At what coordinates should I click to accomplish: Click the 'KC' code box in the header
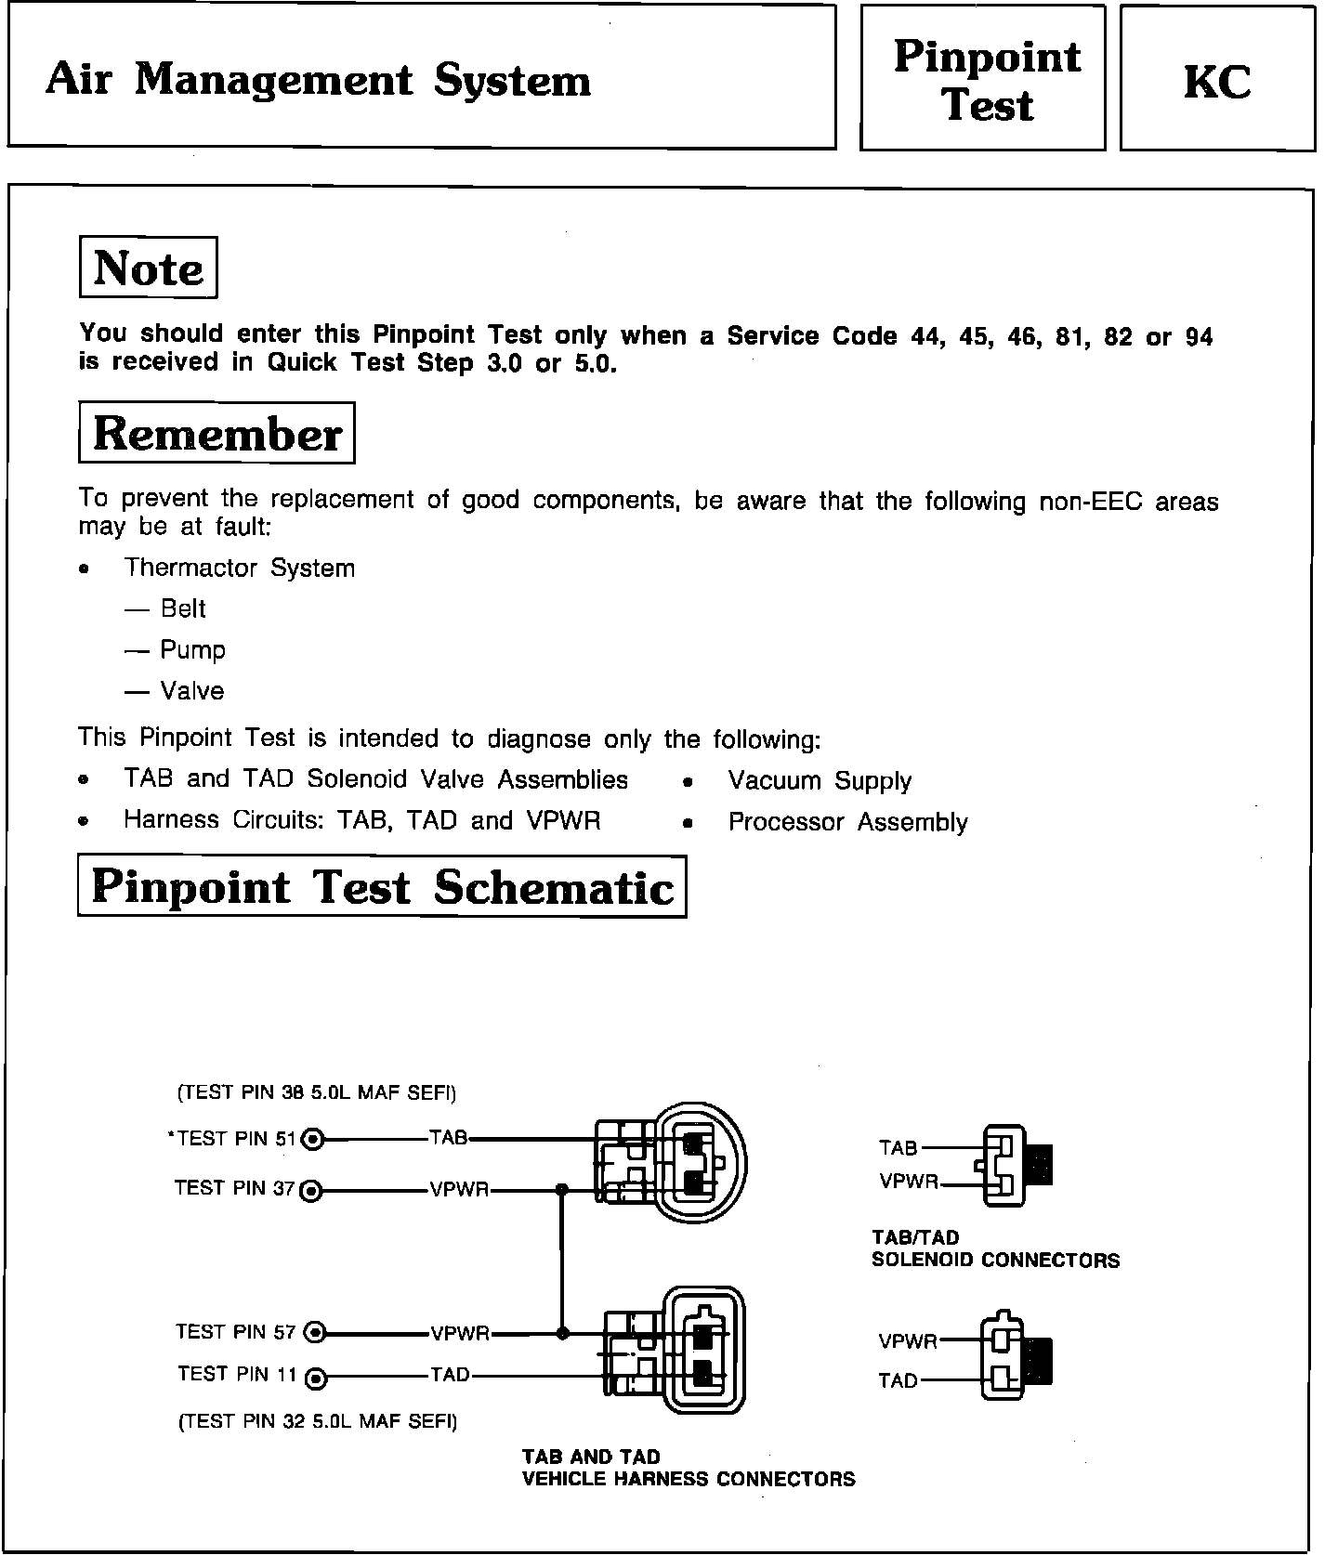tap(1217, 81)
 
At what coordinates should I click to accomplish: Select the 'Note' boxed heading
tap(149, 268)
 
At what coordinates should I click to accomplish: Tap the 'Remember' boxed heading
tap(217, 434)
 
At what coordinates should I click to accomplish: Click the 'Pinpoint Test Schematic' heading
tap(382, 887)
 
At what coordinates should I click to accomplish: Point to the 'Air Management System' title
tap(318, 80)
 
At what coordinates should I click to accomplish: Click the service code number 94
tap(1200, 337)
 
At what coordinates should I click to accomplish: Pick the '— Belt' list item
tap(165, 608)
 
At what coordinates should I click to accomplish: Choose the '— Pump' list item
tap(175, 650)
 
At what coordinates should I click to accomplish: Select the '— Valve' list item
tap(175, 691)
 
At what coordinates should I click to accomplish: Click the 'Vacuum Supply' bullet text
tap(820, 781)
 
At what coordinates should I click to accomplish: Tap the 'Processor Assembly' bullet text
tap(847, 822)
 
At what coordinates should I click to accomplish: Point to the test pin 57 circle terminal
tap(315, 1333)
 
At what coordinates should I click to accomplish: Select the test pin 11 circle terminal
tap(316, 1377)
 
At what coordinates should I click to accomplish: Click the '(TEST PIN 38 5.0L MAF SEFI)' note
tap(317, 1092)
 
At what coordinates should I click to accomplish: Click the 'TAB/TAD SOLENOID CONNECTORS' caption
tap(995, 1249)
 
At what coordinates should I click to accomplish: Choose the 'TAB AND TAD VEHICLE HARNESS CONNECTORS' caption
tap(689, 1468)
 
